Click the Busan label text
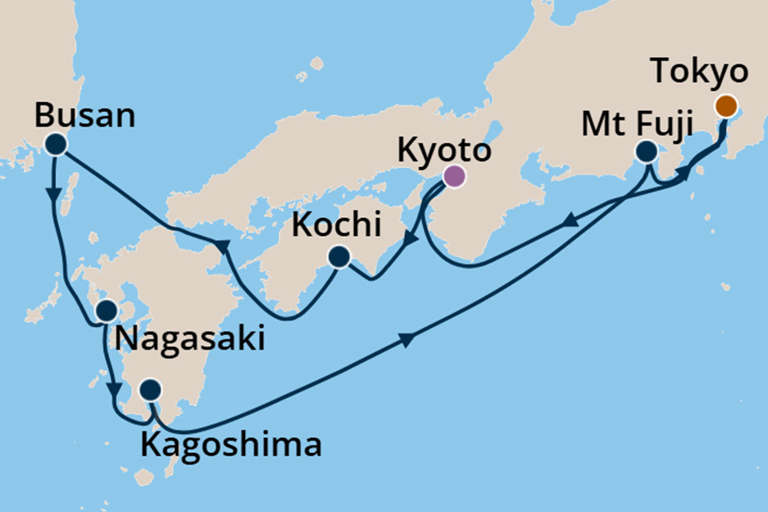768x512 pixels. point(84,115)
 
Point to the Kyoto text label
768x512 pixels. point(443,150)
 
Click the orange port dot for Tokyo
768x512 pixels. point(726,106)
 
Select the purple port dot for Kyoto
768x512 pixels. point(454,177)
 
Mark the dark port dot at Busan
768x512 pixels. point(56,144)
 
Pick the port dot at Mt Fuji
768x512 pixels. point(646,152)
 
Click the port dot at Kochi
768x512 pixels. point(338,257)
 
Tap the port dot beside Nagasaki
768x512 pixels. point(105,311)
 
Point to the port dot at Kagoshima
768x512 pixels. point(151,390)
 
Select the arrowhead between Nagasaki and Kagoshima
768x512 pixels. point(114,390)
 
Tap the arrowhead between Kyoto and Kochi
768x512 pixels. point(409,239)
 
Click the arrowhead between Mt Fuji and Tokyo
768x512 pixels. point(684,176)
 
